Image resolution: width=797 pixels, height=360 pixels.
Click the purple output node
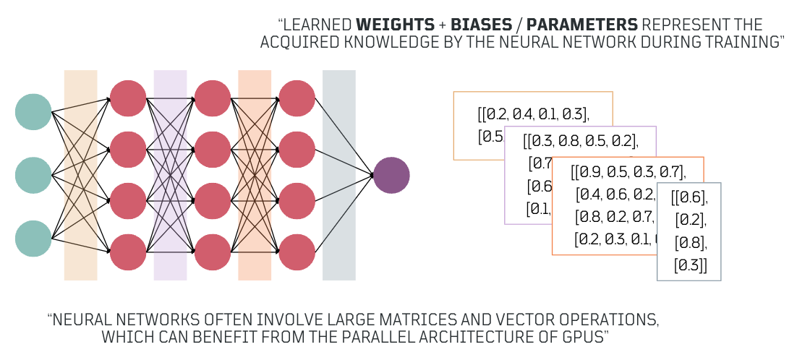coord(391,175)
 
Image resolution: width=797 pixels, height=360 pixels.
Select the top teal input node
coord(33,111)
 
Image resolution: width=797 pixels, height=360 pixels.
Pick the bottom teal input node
coord(33,239)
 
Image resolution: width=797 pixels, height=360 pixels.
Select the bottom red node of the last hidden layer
coord(297,252)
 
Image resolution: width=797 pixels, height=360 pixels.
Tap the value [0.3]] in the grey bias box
coord(691,265)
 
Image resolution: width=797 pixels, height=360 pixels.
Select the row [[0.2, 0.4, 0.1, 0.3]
coord(533,113)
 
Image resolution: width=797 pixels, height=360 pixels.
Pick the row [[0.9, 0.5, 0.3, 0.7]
coord(628,172)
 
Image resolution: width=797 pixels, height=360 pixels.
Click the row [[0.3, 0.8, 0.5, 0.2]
coord(581,140)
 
